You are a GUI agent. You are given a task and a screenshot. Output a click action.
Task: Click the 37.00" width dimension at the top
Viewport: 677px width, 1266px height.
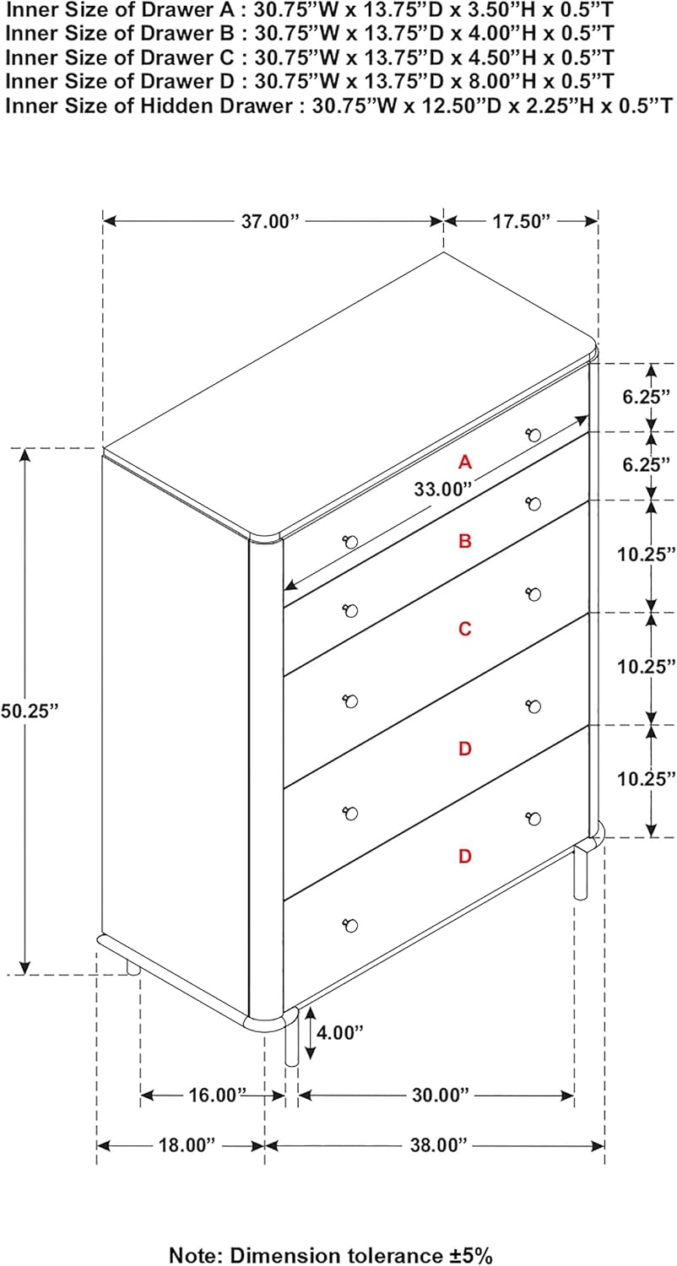(x=269, y=221)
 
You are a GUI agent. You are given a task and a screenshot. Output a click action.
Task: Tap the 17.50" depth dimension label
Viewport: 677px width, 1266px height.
(x=521, y=221)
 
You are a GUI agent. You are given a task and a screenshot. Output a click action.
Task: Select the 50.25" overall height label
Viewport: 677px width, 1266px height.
(x=30, y=711)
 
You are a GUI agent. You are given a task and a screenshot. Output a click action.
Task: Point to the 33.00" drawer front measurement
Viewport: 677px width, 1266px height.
(x=442, y=490)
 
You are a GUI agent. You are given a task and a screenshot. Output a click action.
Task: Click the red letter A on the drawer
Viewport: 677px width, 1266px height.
(x=464, y=463)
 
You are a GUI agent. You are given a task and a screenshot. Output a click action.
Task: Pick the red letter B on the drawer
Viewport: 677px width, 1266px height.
(x=464, y=542)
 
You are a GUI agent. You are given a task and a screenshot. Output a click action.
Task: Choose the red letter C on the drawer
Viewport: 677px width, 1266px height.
(x=464, y=629)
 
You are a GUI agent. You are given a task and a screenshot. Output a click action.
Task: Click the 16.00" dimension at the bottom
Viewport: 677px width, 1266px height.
(x=217, y=1095)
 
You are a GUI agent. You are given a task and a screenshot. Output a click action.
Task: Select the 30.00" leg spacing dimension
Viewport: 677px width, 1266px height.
(x=441, y=1095)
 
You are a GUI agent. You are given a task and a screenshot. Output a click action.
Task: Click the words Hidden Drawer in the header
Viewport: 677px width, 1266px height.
(x=216, y=105)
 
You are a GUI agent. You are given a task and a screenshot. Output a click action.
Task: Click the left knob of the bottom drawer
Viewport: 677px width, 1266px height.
(x=350, y=926)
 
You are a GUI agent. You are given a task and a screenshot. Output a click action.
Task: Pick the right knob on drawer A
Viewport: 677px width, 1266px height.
(x=533, y=436)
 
